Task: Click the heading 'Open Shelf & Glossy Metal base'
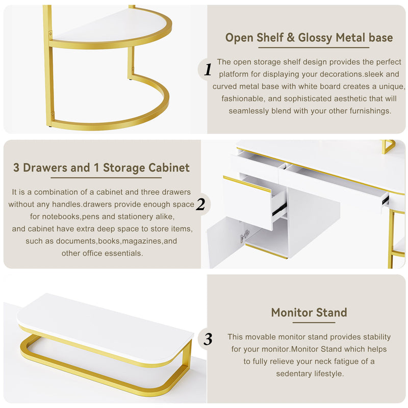tap(309, 38)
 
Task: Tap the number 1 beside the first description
tap(208, 70)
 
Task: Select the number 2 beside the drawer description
tap(200, 205)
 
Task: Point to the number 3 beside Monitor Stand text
tap(208, 339)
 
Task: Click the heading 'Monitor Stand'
tap(309, 312)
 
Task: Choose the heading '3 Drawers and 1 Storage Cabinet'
tap(101, 167)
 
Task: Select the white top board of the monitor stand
tap(102, 321)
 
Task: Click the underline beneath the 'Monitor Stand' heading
tap(309, 324)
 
